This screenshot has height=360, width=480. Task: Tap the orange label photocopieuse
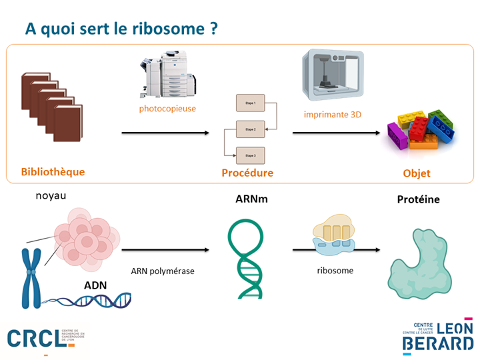[167, 108]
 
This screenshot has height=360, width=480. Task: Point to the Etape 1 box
[250, 103]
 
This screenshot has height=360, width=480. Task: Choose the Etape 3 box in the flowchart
[250, 155]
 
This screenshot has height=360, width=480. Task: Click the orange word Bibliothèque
[53, 172]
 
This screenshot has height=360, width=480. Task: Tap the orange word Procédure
[247, 173]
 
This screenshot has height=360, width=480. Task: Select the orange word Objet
[417, 173]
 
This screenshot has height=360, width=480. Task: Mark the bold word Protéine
[418, 199]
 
